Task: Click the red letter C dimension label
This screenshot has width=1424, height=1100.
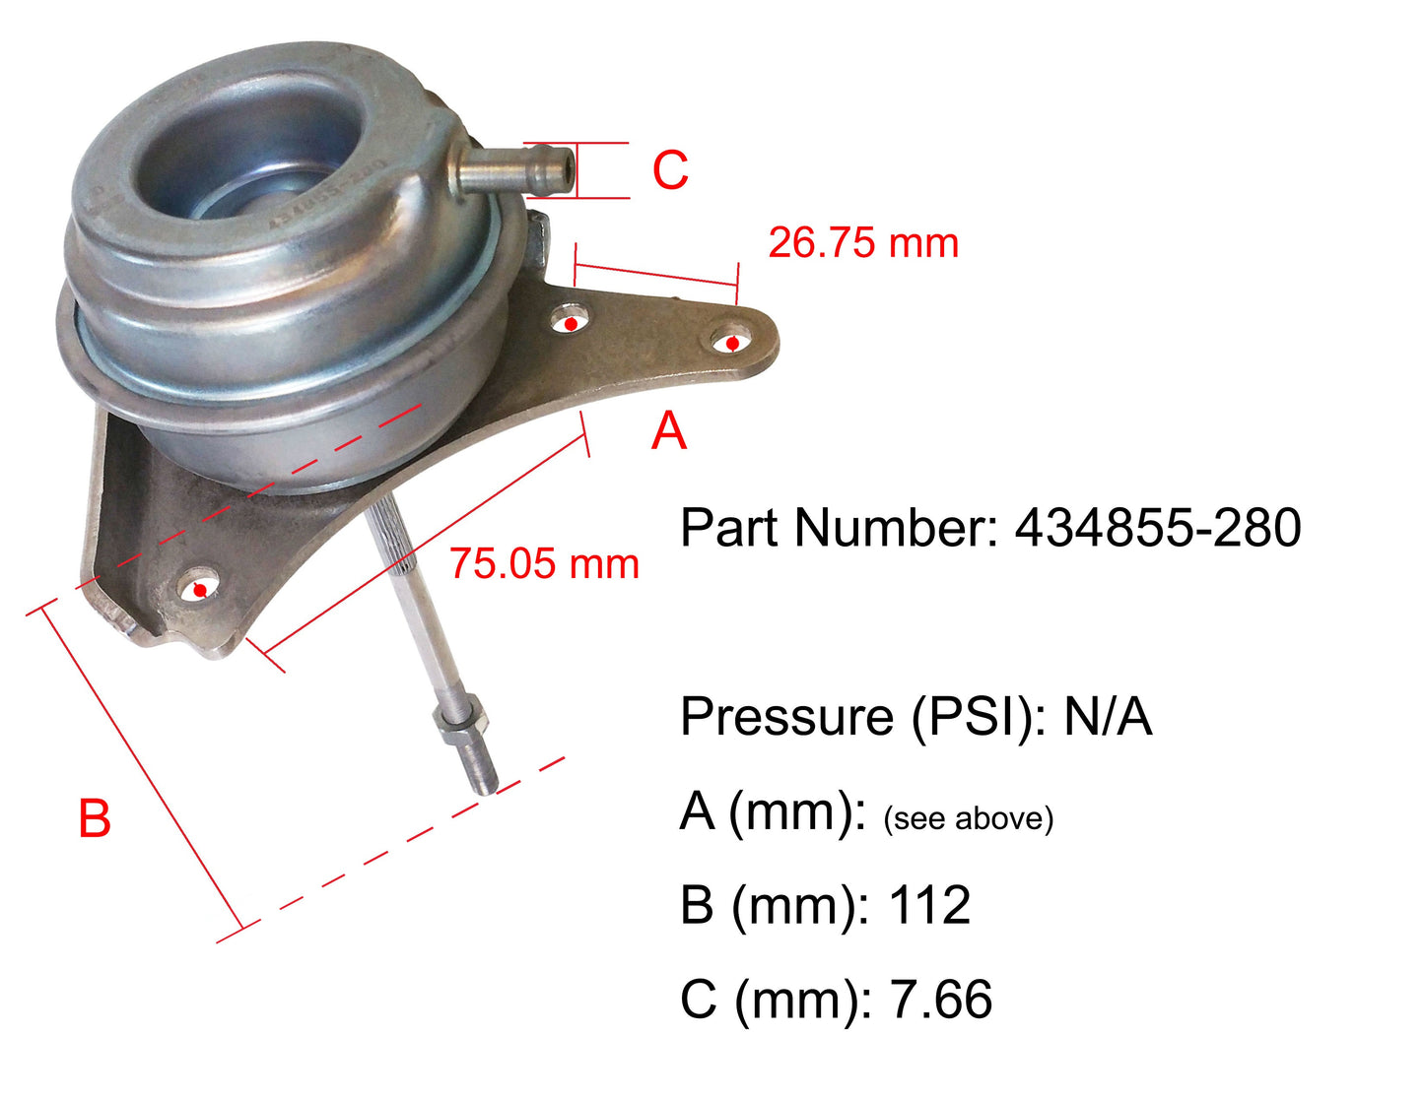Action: tap(670, 170)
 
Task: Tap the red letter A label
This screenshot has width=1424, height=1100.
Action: tap(669, 431)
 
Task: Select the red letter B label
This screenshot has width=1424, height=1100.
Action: tap(95, 819)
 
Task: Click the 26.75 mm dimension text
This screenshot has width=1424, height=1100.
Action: tap(863, 243)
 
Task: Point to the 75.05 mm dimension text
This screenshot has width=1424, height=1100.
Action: tap(544, 564)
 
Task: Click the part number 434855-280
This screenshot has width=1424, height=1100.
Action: tap(1158, 528)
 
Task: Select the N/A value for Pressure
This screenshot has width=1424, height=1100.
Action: tap(1108, 716)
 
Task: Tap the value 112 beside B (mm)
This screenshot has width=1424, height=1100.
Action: tap(929, 905)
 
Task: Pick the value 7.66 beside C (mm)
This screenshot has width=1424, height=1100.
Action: tap(941, 1000)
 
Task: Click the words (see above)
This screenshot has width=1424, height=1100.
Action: tap(968, 818)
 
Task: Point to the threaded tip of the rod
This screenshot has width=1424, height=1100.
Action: tap(481, 768)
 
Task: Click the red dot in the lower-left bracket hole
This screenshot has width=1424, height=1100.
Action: tap(200, 591)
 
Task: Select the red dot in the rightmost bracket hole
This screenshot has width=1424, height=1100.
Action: tap(733, 344)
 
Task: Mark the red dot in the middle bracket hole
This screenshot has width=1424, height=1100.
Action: tap(571, 324)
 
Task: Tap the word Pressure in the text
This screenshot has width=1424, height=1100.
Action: tap(787, 716)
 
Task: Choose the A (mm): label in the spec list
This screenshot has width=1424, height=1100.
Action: tap(773, 812)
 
